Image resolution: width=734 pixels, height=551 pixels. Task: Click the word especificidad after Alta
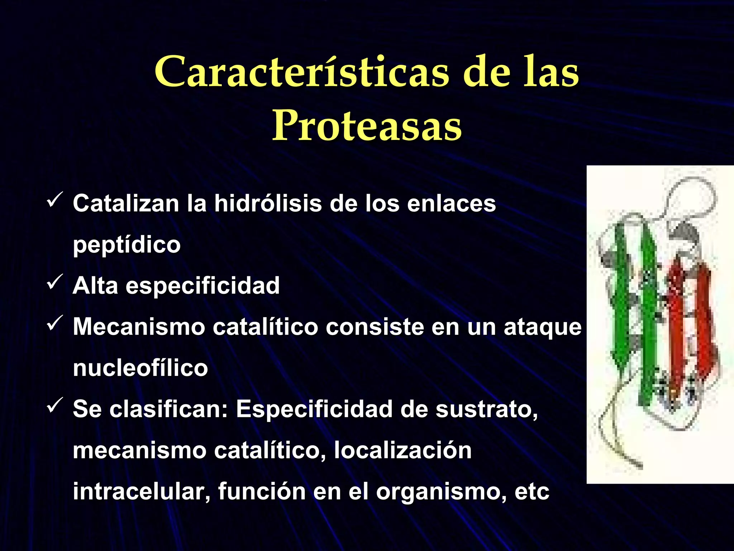[x=202, y=286]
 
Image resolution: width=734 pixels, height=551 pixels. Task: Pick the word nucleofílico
[x=140, y=368]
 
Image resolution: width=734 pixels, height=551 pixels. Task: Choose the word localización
[x=402, y=451]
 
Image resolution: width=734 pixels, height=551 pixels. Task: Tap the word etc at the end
[x=532, y=492]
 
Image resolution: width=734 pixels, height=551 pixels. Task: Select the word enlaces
[x=451, y=204]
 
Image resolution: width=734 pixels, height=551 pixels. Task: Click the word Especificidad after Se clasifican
[x=314, y=409]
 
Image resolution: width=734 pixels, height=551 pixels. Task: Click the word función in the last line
[x=262, y=491]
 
